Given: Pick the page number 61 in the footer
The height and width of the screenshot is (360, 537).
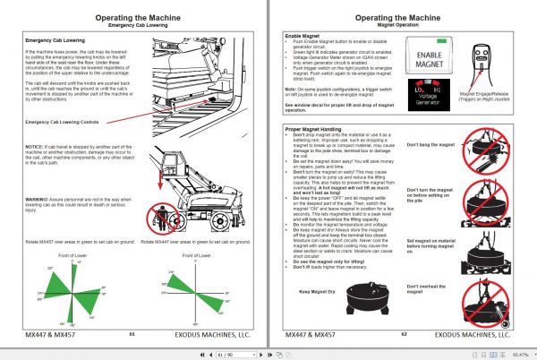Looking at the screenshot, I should pos(132,332).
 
